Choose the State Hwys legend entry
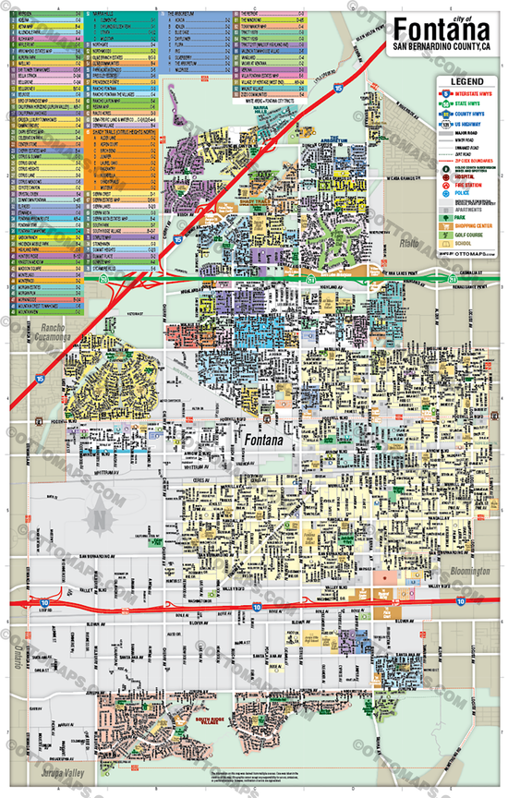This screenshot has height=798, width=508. (466, 103)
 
